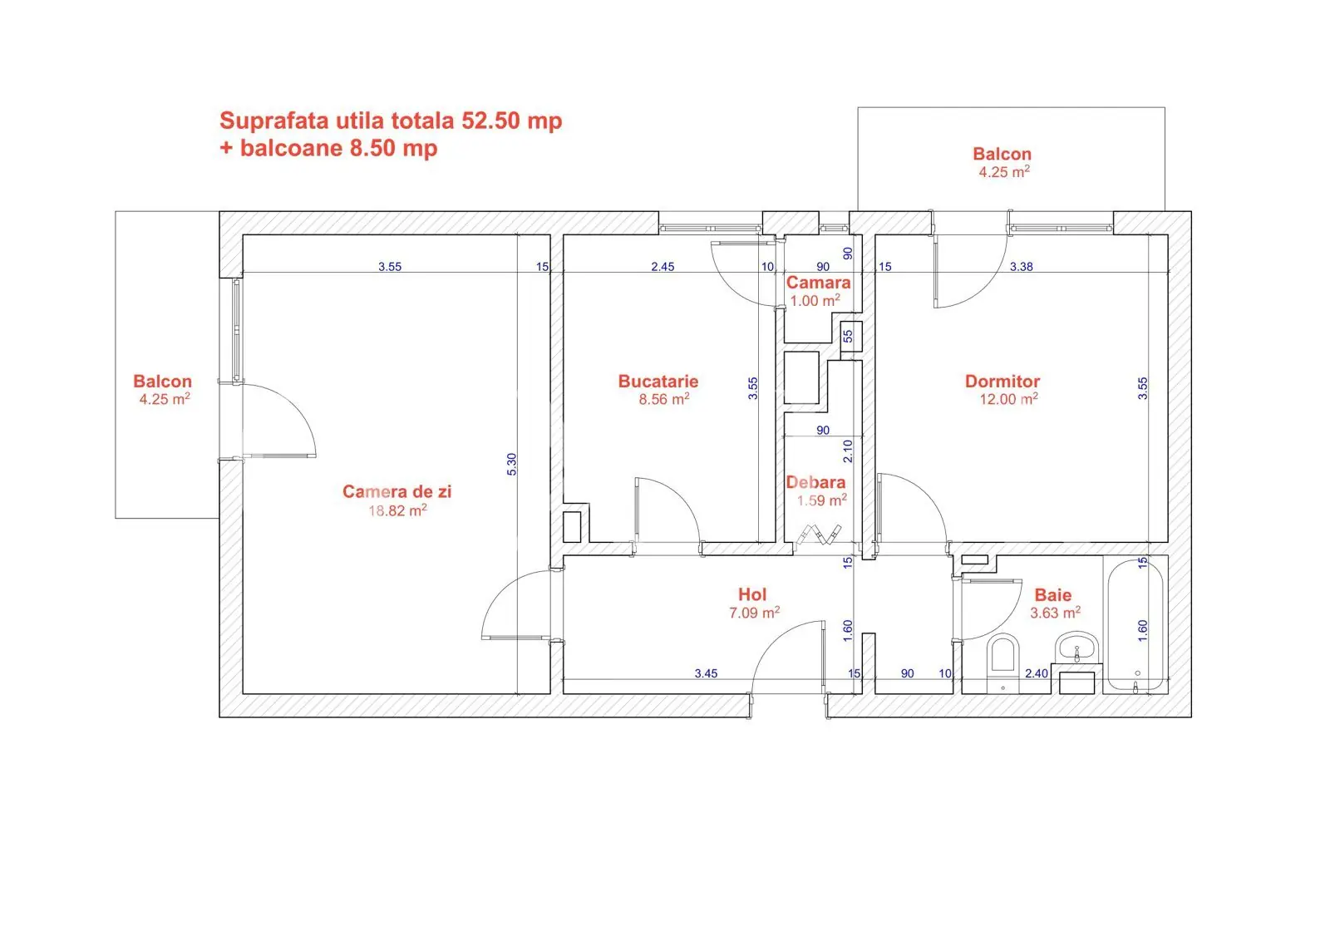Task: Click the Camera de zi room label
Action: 397,491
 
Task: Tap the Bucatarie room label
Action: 658,382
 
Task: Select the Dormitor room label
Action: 1002,382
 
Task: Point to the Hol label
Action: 752,594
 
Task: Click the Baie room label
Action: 1052,595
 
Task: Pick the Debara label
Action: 815,482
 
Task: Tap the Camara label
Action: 818,283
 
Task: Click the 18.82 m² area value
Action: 397,510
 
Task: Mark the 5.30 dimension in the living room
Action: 512,465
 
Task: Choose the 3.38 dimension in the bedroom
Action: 1022,267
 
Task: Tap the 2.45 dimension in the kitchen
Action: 663,267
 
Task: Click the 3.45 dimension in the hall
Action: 706,673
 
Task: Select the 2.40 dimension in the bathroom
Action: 1037,673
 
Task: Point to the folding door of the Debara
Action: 819,534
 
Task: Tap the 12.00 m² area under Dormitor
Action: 1008,399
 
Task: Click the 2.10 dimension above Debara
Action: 848,451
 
